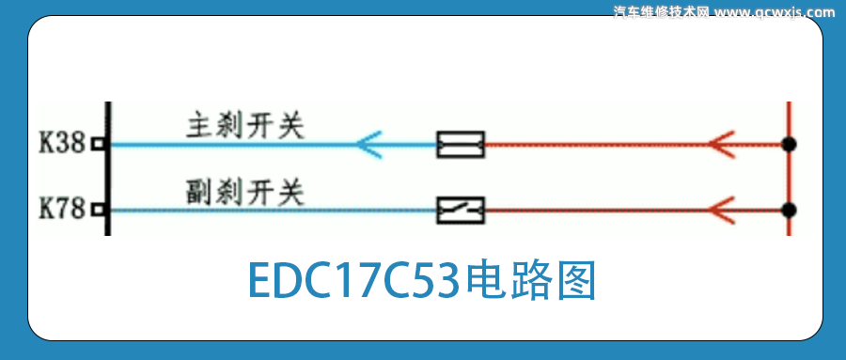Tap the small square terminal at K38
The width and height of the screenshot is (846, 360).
coord(96,145)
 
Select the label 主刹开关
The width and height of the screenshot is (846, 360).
coord(245,126)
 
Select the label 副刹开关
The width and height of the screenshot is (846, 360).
coord(245,193)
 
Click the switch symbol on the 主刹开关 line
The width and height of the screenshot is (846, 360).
coord(461,145)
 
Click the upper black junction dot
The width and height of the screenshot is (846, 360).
coord(789,145)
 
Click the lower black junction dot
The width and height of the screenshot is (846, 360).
coord(789,210)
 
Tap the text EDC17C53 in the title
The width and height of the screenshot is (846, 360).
coord(353,280)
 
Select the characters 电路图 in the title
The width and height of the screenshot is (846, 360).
coord(531,280)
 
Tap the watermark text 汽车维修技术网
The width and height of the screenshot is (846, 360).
coord(661,12)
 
